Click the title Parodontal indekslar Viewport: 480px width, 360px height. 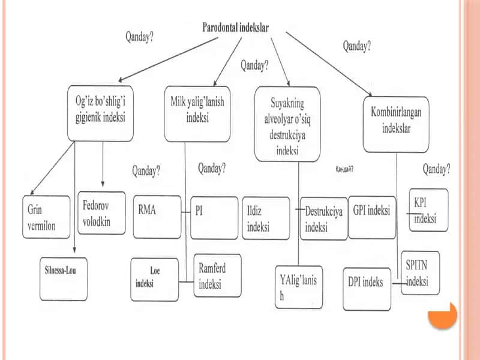pyautogui.click(x=235, y=28)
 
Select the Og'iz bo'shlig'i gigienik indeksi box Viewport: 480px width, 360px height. pyautogui.click(x=100, y=113)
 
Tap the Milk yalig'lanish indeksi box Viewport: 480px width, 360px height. pyautogui.click(x=197, y=114)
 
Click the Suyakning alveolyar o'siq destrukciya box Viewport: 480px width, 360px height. pyautogui.click(x=287, y=124)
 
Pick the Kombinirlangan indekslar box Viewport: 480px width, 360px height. pyautogui.click(x=396, y=124)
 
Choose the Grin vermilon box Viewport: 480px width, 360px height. pyautogui.click(x=46, y=217)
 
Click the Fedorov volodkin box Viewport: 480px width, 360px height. pyautogui.click(x=101, y=213)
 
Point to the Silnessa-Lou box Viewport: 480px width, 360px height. pyautogui.click(x=64, y=279)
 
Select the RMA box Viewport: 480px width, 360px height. pyautogui.click(x=157, y=217)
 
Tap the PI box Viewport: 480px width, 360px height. pyautogui.click(x=214, y=218)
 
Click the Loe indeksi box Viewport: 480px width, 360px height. pyautogui.click(x=155, y=280)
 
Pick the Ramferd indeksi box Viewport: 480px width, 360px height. pyautogui.click(x=218, y=275)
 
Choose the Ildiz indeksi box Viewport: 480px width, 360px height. pyautogui.click(x=266, y=218)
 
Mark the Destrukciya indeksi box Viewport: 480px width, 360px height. pyautogui.click(x=324, y=218)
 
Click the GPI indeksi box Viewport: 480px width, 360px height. pyautogui.click(x=372, y=217)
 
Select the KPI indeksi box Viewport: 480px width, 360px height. pyautogui.click(x=428, y=210)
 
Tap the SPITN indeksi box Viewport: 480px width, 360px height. pyautogui.click(x=421, y=273)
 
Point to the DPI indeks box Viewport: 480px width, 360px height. pyautogui.click(x=367, y=289)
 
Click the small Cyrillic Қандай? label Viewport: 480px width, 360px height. pyautogui.click(x=344, y=169)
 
